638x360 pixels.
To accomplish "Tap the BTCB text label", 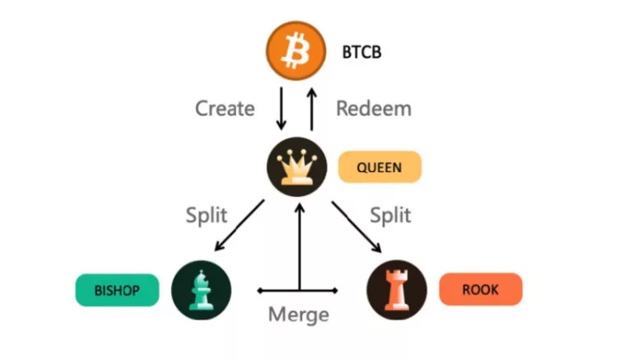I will [361, 54].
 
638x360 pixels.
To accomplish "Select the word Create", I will [225, 108].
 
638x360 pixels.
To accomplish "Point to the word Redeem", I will [374, 108].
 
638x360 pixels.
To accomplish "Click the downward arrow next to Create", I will [281, 109].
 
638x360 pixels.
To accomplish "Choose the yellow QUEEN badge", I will [380, 167].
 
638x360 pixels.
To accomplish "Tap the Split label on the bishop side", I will [207, 216].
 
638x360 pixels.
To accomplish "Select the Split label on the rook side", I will [389, 216].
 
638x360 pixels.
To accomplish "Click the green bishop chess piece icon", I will [201, 290].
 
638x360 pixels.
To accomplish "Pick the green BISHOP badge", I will [117, 290].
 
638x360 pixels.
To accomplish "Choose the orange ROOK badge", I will [481, 290].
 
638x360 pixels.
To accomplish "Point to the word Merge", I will [298, 315].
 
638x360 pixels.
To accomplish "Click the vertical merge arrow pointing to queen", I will [299, 247].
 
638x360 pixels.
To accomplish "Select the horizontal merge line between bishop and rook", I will [276, 291].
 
